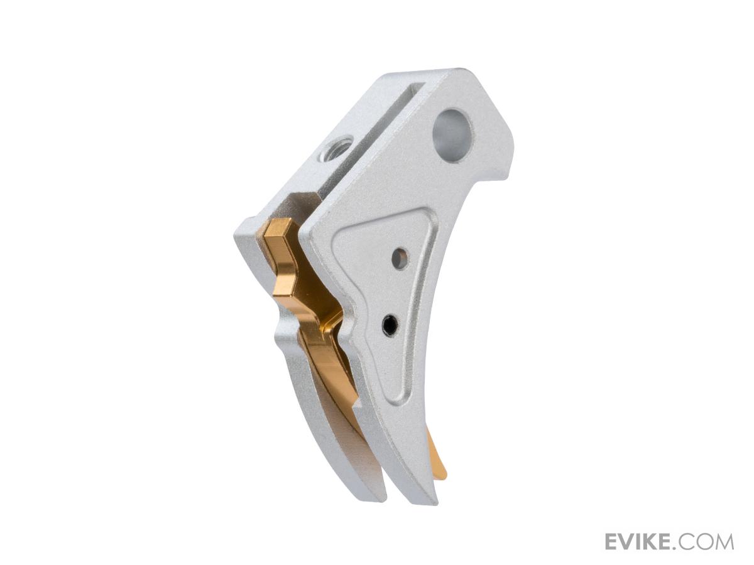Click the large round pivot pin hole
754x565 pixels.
(x=453, y=136)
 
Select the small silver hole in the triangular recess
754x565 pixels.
(x=400, y=256)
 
